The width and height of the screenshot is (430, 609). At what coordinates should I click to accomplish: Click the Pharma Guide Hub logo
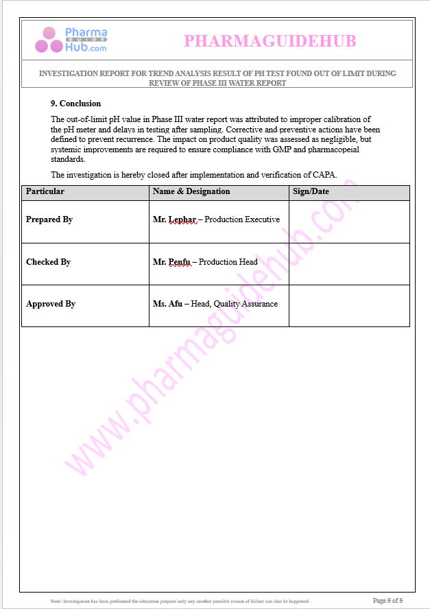(71, 40)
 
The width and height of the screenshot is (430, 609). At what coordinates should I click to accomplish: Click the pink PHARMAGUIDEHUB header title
(270, 41)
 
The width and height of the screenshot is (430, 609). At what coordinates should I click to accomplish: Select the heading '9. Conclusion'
(75, 104)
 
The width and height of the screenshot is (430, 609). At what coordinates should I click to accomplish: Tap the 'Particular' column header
(45, 191)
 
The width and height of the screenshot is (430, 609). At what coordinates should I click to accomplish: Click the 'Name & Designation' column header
(191, 191)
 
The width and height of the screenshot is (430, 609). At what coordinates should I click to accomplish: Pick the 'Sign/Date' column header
(311, 191)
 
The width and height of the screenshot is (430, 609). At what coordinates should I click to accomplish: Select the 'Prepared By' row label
(49, 219)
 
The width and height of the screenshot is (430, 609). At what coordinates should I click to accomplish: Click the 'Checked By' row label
(48, 262)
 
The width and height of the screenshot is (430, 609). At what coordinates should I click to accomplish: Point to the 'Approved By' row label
(51, 304)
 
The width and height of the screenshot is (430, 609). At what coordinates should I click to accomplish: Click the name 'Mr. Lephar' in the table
(174, 219)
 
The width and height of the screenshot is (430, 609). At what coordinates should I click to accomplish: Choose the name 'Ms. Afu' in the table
(167, 304)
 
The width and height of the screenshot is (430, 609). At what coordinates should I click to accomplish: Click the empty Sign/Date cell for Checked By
(349, 263)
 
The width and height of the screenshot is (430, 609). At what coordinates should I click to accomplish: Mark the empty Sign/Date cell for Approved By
(349, 305)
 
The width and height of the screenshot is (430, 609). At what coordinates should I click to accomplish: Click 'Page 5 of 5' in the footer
(392, 601)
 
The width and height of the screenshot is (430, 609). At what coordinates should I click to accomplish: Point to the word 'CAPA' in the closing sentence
(324, 174)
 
